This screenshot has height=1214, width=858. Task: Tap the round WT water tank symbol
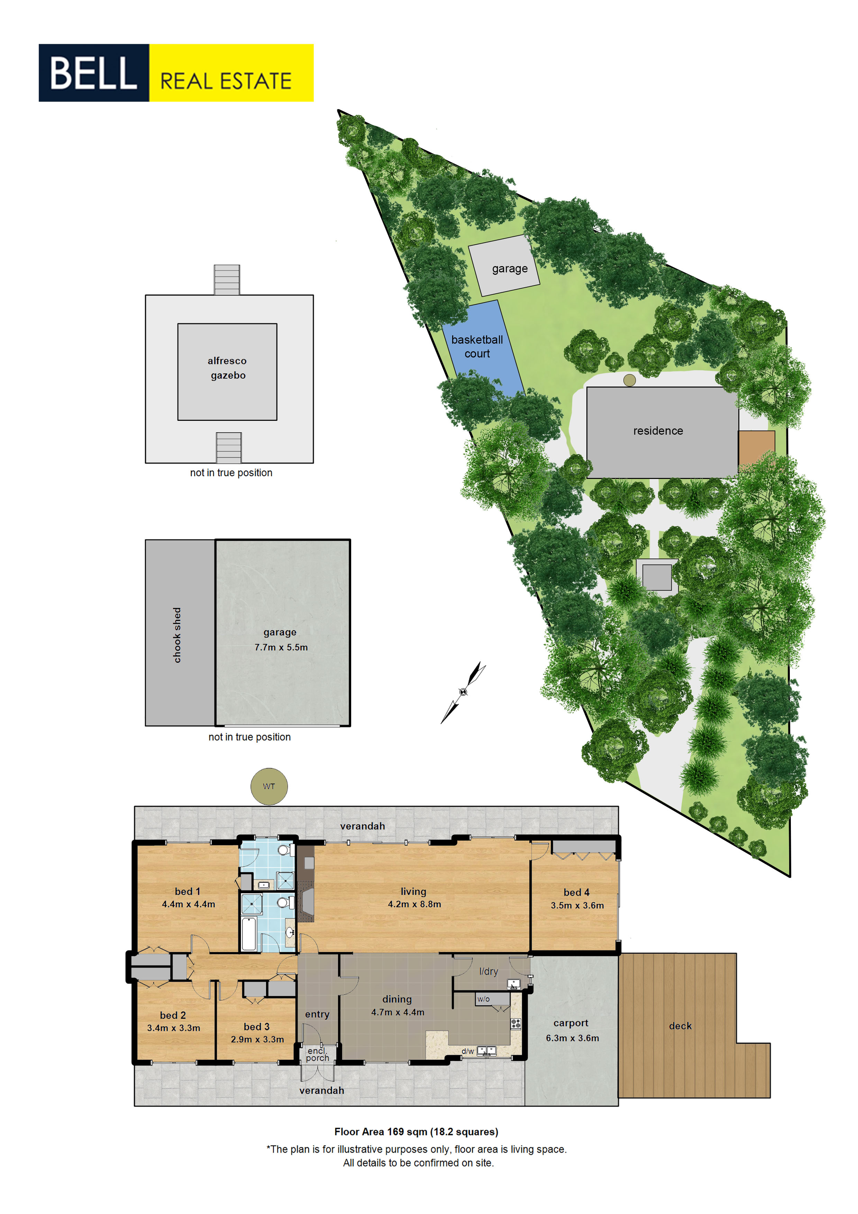269,786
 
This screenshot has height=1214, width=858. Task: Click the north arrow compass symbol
463,692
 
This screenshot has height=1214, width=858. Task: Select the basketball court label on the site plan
477,346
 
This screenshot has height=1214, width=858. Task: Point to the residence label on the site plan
658,431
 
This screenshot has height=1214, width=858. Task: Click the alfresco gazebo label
227,368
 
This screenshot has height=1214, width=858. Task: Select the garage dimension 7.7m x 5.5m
281,647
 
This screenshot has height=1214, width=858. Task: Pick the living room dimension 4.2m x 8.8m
414,904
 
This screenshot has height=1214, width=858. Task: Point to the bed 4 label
576,893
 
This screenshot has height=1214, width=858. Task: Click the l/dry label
489,971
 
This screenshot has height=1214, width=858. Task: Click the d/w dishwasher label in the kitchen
468,1051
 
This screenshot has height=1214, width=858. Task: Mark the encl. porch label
318,1054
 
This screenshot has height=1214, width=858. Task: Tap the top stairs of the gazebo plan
227,280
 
